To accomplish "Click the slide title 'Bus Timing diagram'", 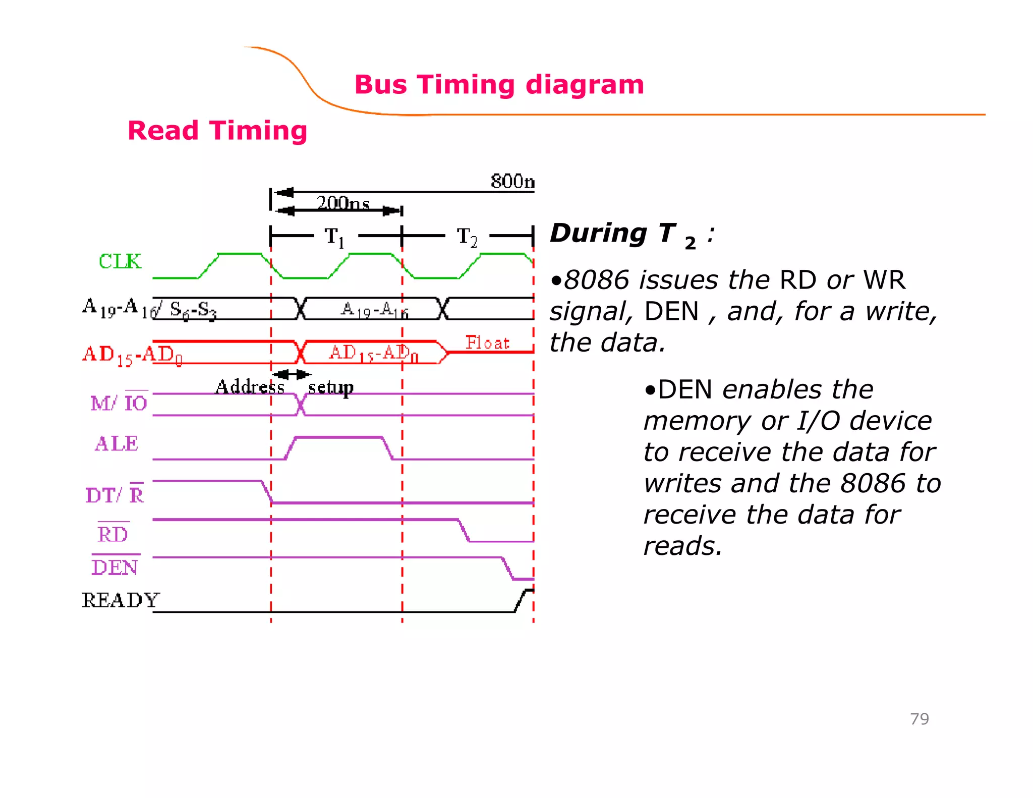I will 499,84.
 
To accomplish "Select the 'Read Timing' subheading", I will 217,131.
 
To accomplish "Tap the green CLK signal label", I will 120,261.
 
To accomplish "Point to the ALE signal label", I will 117,444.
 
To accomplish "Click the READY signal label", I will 121,600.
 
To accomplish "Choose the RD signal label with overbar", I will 113,534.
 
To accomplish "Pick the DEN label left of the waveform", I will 115,567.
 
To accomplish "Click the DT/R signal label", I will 115,495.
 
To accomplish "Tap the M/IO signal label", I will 119,403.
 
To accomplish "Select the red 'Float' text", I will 487,343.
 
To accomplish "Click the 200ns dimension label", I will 343,203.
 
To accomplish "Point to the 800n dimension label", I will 512,182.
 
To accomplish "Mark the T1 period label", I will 334,237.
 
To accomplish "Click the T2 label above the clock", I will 467,237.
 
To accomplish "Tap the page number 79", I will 919,719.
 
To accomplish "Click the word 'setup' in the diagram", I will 331,387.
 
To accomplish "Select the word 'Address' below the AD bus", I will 250,387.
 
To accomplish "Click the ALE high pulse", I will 338,438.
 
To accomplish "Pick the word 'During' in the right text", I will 598,234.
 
